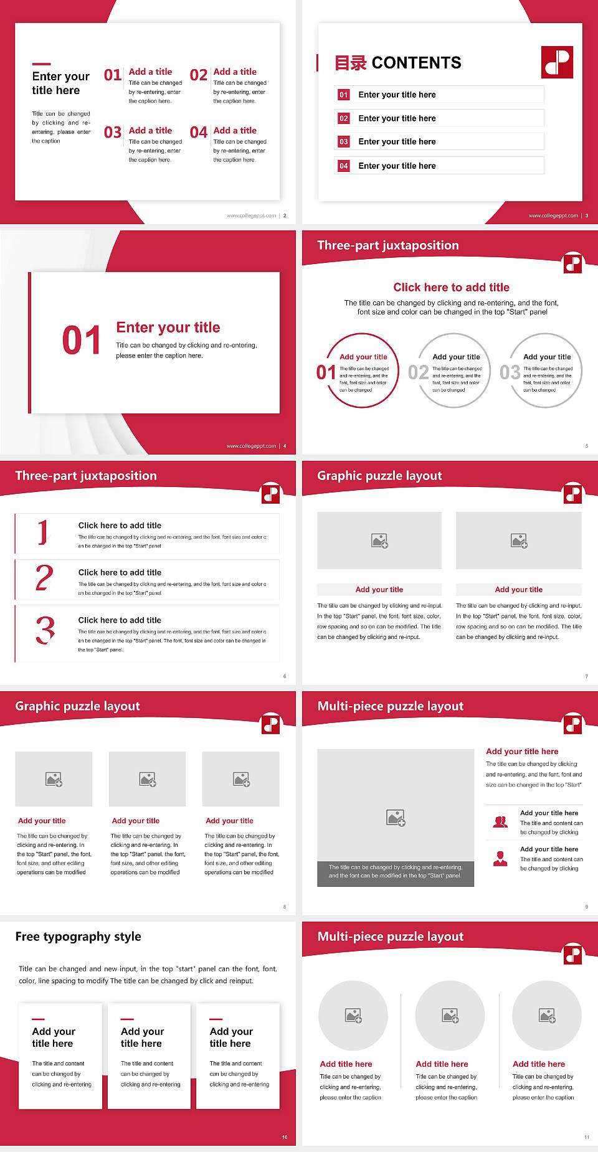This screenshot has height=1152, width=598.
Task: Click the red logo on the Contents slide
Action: (557, 62)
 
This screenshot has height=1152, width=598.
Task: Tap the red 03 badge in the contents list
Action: (344, 142)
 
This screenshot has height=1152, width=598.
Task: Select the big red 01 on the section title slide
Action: (81, 341)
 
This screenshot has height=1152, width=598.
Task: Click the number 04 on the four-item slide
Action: (199, 133)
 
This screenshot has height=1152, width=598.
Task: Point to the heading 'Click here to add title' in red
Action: (451, 287)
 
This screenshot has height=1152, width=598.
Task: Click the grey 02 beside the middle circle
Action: (418, 372)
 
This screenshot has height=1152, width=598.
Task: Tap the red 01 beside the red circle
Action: (326, 372)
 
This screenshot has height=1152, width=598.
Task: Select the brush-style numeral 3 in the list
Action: (45, 630)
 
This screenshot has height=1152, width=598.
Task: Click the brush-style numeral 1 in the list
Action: (42, 532)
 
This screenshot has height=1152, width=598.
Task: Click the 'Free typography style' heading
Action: (78, 937)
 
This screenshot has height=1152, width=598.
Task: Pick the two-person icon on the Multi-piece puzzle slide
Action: (500, 822)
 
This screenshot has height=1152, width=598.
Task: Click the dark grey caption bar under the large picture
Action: (396, 871)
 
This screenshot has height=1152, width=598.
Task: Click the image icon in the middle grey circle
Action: (450, 1016)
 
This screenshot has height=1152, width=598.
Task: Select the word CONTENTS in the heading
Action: (416, 63)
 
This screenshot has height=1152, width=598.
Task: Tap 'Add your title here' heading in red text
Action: (522, 752)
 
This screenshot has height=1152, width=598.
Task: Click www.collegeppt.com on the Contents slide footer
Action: (553, 215)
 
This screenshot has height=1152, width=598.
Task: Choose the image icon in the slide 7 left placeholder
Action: (379, 541)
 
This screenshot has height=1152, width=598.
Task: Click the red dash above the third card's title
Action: (216, 1019)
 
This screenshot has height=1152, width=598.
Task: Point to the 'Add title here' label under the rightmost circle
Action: (539, 1064)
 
